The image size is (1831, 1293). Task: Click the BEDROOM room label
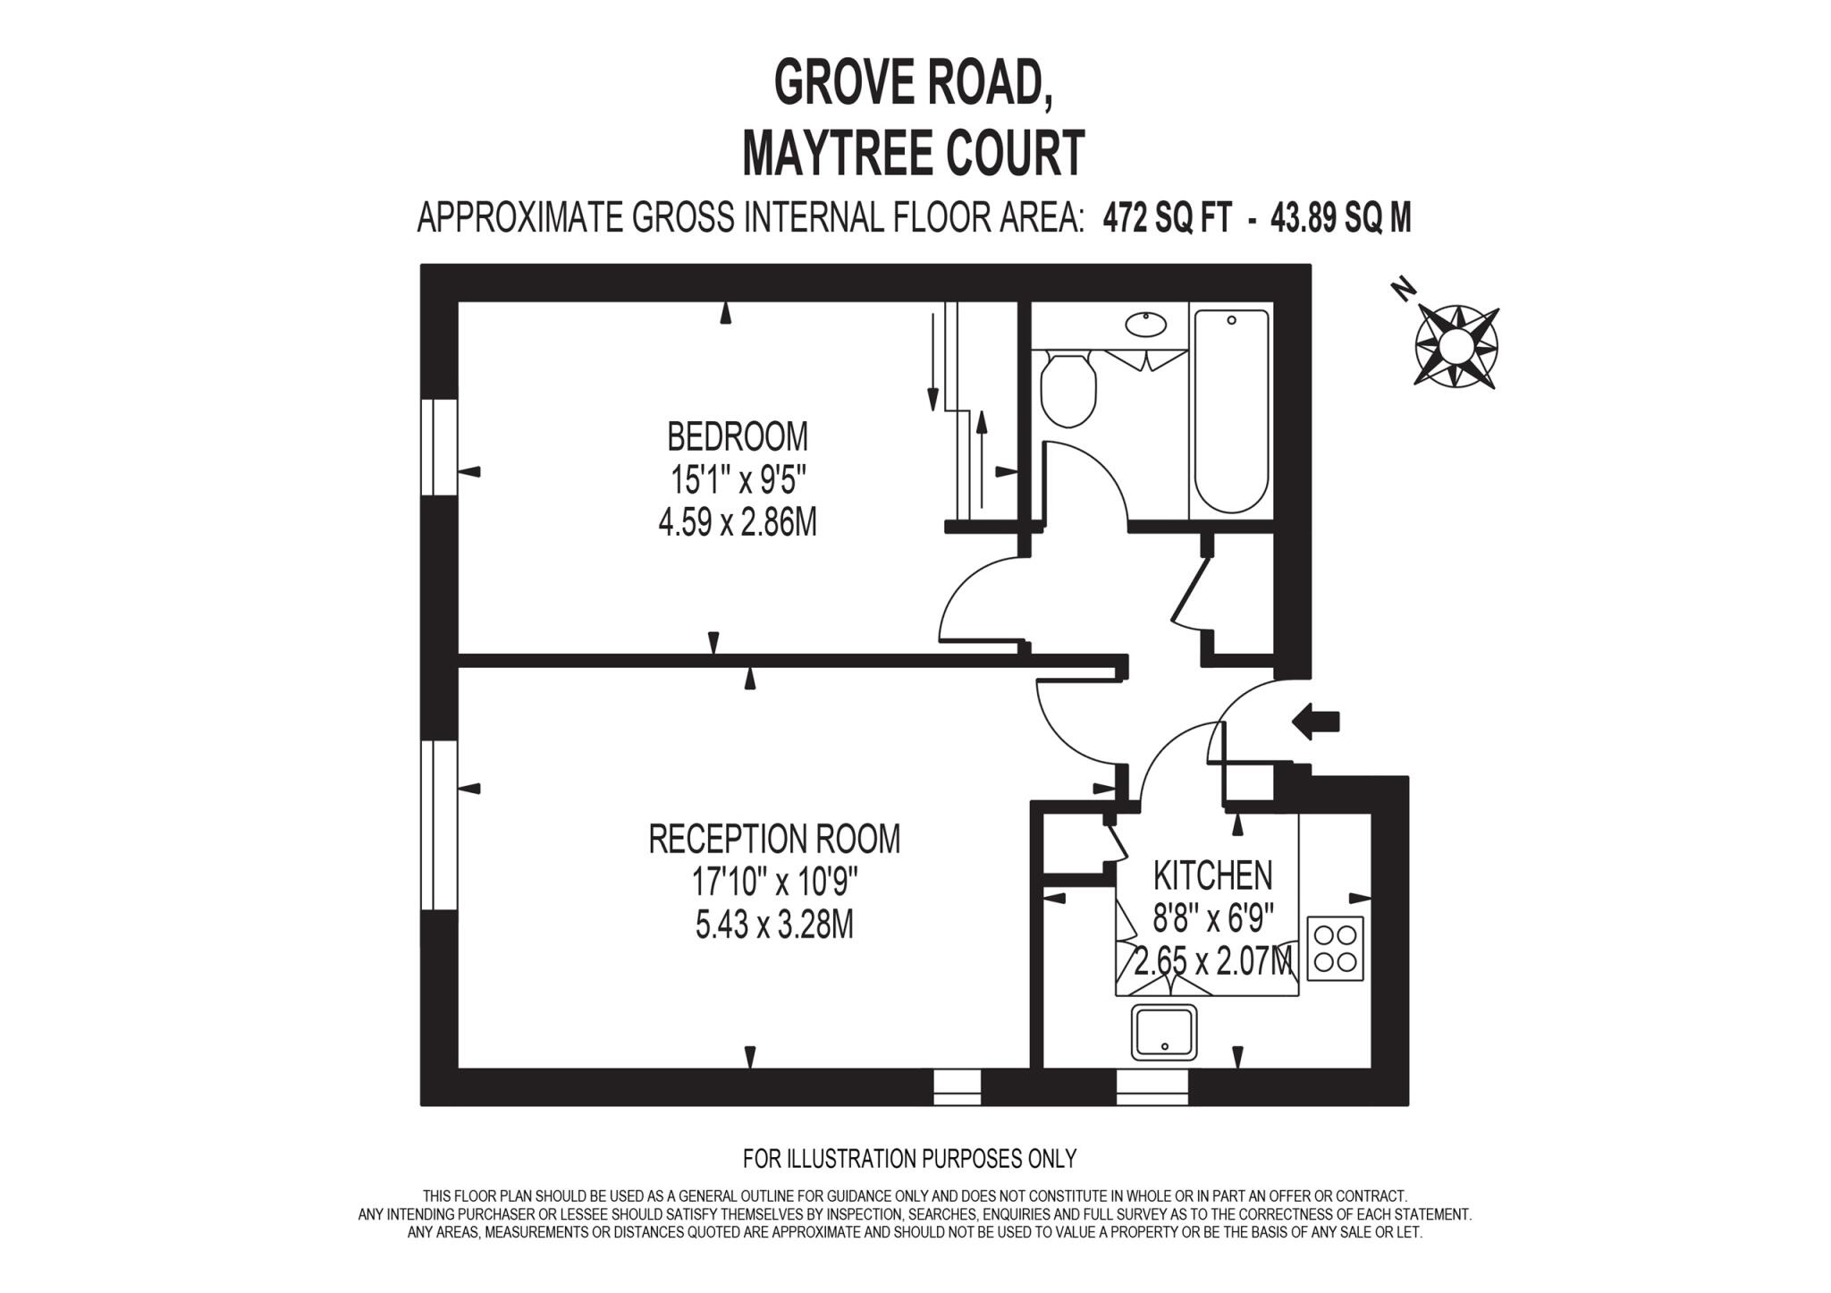click(738, 437)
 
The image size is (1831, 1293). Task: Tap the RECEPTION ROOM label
click(773, 840)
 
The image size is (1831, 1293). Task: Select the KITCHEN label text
click(1212, 875)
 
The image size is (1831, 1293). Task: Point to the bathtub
click(1231, 411)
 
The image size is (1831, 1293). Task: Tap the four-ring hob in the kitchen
click(1336, 948)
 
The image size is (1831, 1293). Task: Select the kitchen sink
click(1164, 1032)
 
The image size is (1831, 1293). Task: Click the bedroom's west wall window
click(439, 447)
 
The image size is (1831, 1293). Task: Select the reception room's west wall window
click(439, 824)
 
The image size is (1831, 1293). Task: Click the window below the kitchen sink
click(1152, 1086)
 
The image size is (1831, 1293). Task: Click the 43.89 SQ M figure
click(1341, 217)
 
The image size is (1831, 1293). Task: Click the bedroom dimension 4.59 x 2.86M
click(738, 523)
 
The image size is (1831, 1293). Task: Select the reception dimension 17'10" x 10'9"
click(774, 883)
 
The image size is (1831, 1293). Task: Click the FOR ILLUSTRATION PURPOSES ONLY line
click(909, 1159)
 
